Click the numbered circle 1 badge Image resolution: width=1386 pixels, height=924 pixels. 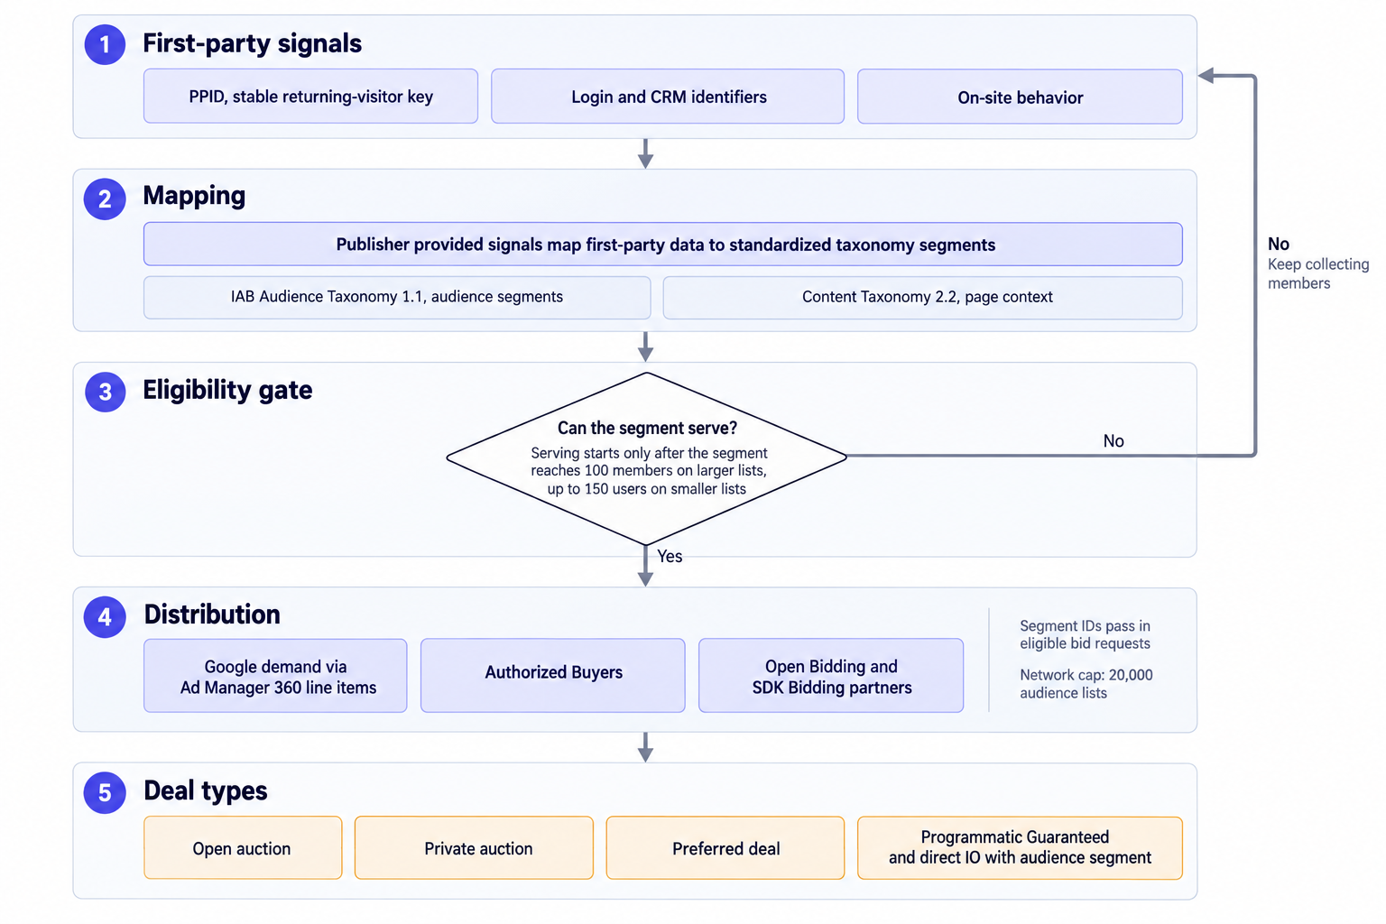click(105, 44)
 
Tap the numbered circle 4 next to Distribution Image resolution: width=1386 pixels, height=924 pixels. click(105, 616)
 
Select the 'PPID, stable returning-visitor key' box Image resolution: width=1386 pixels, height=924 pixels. click(310, 97)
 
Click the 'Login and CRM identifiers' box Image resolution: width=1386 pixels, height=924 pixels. click(668, 97)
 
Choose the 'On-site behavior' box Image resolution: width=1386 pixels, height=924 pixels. click(1020, 97)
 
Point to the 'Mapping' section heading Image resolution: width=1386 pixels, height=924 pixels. click(194, 196)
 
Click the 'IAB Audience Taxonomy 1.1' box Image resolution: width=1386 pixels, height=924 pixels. click(397, 297)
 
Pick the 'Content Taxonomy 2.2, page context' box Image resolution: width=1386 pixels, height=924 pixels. click(922, 297)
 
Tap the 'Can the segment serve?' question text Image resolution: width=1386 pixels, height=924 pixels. click(647, 428)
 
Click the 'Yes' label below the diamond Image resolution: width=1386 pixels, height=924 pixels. click(670, 556)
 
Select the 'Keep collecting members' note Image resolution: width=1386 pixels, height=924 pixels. click(1318, 273)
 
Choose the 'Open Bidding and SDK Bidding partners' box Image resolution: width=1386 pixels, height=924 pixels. click(831, 675)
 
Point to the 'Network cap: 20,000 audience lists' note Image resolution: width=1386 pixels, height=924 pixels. click(1086, 684)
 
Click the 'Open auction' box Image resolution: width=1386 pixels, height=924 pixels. click(243, 848)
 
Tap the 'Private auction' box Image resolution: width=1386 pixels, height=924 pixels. click(474, 848)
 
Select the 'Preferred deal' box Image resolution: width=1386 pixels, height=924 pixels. click(725, 848)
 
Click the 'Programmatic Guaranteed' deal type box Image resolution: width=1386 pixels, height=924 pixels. click(1020, 848)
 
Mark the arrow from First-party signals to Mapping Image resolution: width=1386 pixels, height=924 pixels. click(645, 153)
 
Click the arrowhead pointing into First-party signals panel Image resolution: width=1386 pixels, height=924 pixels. click(1206, 76)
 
